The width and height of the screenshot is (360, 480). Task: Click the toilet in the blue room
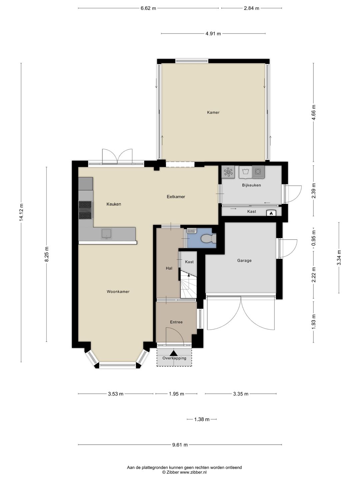[209, 239]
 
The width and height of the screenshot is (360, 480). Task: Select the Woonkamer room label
[118, 292]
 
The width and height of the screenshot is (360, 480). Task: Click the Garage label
[244, 261]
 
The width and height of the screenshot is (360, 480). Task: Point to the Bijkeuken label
[251, 185]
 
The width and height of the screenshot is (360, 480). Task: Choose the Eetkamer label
[176, 197]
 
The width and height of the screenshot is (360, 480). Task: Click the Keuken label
[114, 204]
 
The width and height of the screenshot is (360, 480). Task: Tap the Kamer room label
[213, 112]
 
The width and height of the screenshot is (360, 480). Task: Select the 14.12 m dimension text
[21, 212]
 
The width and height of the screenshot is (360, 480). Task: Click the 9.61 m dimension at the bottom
[180, 445]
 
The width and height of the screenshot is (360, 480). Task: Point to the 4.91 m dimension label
[213, 33]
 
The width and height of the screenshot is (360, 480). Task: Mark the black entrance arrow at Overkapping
[174, 353]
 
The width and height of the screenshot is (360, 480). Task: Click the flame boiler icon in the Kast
[271, 213]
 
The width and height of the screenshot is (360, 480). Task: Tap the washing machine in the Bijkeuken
[258, 172]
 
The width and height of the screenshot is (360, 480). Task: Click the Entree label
[176, 322]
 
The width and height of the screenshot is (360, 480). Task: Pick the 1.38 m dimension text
[202, 419]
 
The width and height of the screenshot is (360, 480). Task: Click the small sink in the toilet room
[191, 231]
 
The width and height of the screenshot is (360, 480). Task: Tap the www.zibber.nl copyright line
[184, 472]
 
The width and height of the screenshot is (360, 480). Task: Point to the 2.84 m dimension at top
[251, 8]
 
